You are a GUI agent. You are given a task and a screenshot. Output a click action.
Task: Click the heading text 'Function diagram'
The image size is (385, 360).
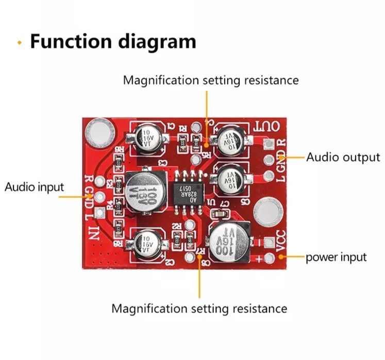pos(112,41)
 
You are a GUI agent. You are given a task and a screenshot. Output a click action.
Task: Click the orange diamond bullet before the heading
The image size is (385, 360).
pos(20,43)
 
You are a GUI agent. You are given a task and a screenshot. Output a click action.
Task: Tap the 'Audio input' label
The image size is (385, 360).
pos(34,186)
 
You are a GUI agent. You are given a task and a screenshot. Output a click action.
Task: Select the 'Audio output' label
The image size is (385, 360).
pos(343,157)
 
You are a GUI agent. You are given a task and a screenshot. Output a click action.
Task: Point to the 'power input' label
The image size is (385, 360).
pos(336,256)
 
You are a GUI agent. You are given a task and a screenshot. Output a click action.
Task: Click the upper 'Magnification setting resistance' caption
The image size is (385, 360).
pos(210,80)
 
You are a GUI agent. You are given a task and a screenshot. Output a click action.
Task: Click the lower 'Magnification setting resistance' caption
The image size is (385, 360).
pos(199,308)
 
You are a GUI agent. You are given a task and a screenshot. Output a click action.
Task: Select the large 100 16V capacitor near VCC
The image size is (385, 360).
pos(228,243)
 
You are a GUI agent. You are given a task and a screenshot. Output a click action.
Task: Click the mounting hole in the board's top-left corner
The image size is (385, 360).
pos(99,131)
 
